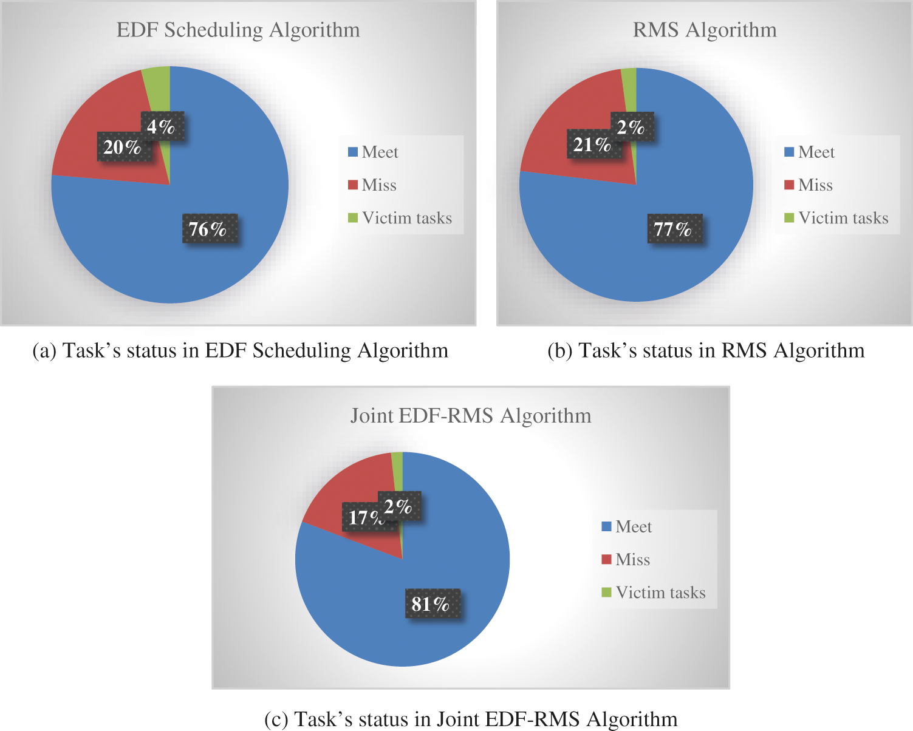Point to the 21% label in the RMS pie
[x=591, y=144]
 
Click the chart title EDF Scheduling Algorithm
[x=238, y=30]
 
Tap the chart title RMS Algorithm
[x=705, y=30]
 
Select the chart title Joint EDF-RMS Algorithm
[x=471, y=416]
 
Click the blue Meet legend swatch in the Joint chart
[x=606, y=526]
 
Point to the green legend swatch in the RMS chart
[x=789, y=217]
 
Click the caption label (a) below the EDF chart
[x=44, y=351]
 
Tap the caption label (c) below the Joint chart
[x=276, y=719]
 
